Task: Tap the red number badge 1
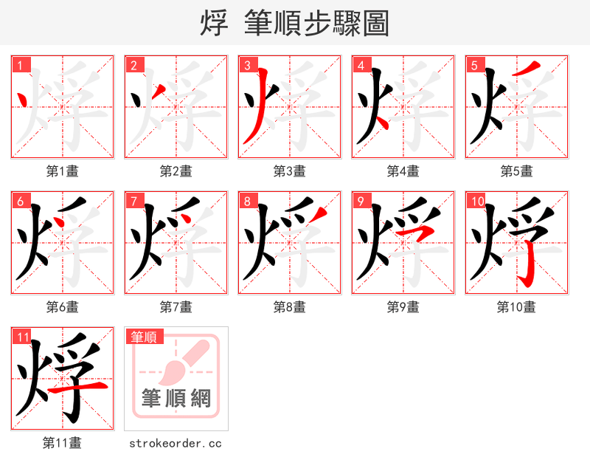(20, 65)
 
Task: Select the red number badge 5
(474, 65)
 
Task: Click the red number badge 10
(477, 201)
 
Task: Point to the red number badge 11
(22, 337)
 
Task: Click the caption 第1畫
(62, 171)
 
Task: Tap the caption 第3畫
(289, 171)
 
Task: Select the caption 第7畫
(176, 307)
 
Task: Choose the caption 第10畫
(516, 307)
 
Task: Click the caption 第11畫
(62, 443)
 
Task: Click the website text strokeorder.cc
(176, 444)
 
